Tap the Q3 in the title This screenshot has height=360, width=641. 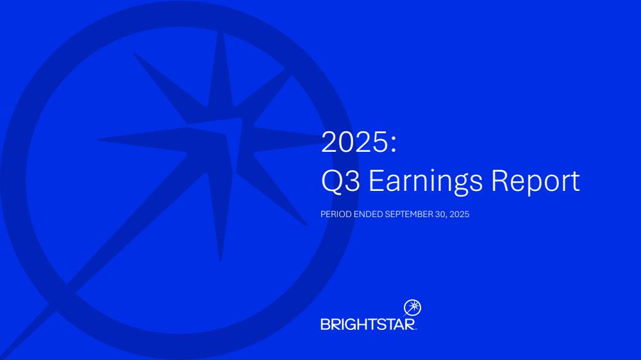click(340, 181)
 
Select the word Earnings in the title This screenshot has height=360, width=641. click(426, 181)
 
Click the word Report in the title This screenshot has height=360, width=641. click(535, 181)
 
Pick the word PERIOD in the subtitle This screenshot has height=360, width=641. click(336, 214)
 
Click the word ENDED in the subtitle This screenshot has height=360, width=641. click(369, 214)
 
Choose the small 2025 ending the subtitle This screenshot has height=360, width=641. click(459, 214)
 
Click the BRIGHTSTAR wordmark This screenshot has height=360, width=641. click(369, 325)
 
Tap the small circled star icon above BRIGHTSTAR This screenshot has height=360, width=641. click(412, 307)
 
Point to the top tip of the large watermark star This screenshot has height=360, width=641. click(222, 33)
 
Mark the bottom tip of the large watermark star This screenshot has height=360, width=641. click(221, 260)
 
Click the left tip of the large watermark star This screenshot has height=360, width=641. click(100, 140)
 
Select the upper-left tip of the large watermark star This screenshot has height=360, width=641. click(135, 54)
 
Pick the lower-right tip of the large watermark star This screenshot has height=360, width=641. click(306, 224)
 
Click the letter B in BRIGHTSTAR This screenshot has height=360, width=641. click(326, 325)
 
